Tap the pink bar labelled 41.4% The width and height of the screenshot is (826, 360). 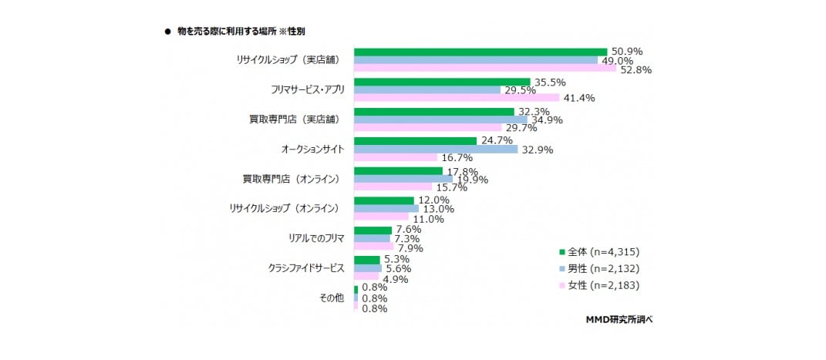[456, 98]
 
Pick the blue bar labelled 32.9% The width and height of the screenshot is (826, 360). [435, 150]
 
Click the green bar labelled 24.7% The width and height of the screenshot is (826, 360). [414, 141]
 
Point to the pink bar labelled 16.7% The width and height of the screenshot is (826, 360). [395, 157]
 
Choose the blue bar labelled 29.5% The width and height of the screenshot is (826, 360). [426, 89]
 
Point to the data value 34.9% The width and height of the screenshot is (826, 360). [548, 119]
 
